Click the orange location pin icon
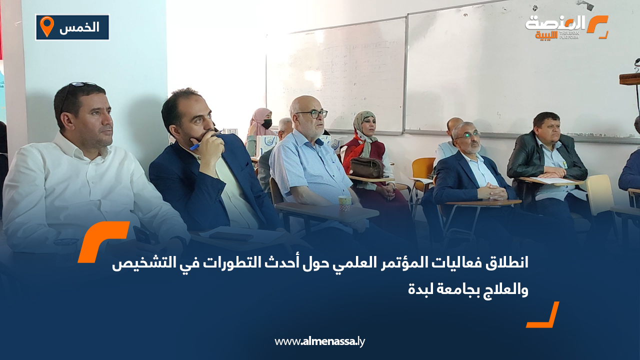coord(46,26)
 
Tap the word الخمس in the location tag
coord(79,27)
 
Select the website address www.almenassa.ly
coord(319,341)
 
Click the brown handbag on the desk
coord(366,168)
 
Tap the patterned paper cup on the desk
coord(344,204)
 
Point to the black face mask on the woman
coord(267,124)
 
